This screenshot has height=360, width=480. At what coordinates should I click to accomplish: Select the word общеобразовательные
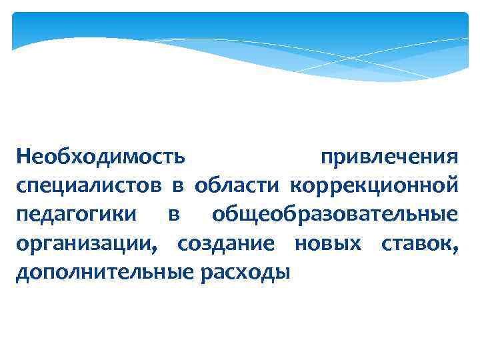pos(335,215)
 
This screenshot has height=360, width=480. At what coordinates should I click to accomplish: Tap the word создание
pos(225,244)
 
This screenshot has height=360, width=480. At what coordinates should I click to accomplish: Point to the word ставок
pos(417,244)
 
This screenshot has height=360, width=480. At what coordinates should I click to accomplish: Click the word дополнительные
pos(102,273)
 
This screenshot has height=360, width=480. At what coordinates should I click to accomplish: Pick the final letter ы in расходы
pos(284,274)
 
